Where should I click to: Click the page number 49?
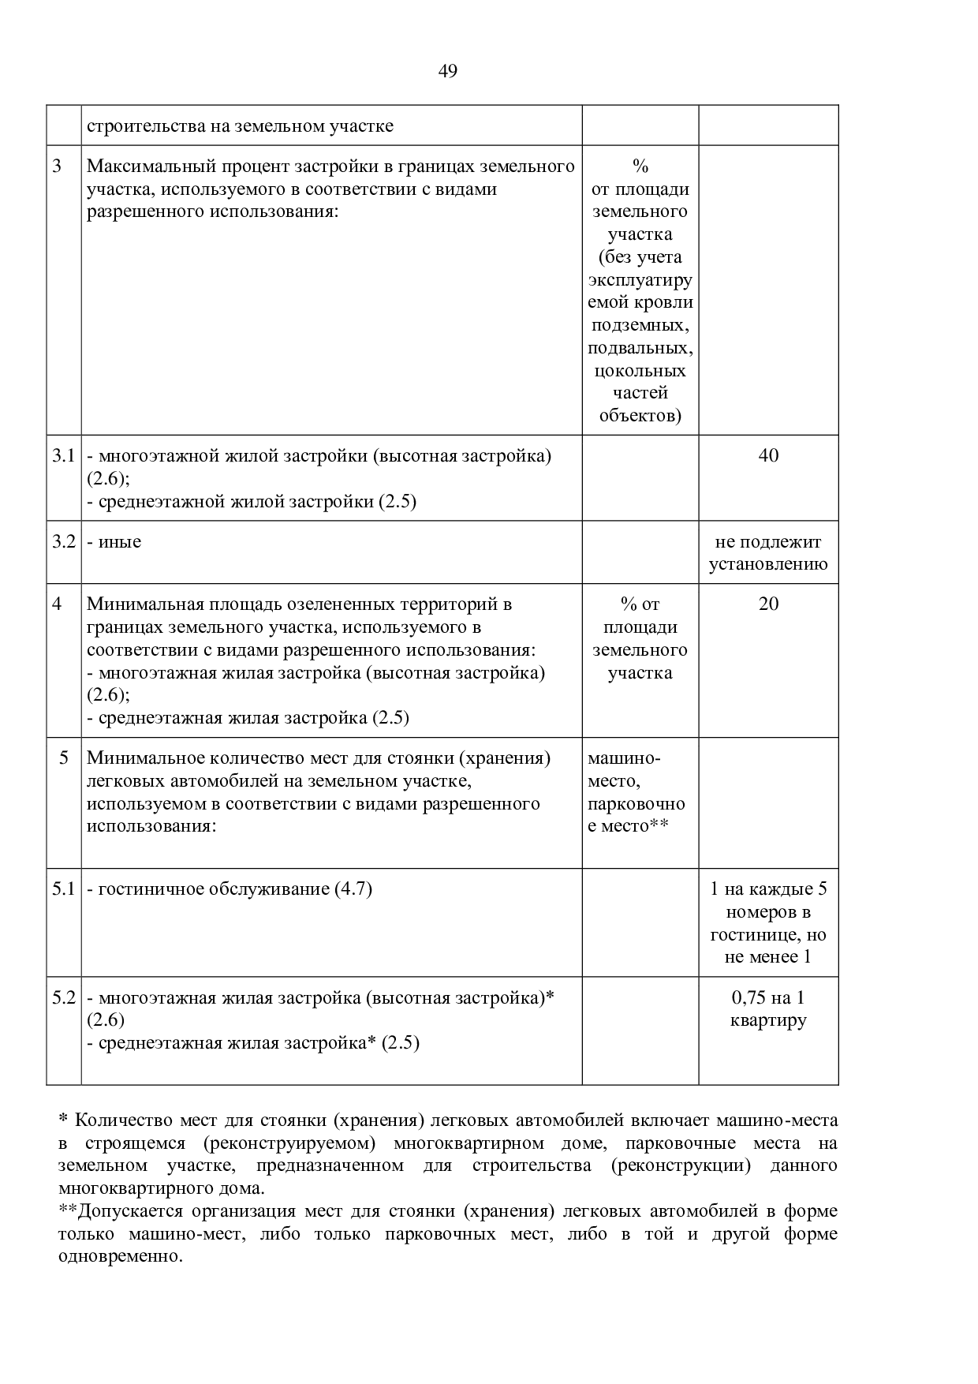[x=447, y=72]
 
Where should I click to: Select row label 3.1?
[x=63, y=456]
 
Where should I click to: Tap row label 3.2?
[x=63, y=541]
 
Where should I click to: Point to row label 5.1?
[x=63, y=889]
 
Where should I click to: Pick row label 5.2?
[x=63, y=997]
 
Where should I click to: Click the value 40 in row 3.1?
[x=768, y=456]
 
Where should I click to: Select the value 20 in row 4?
[x=768, y=604]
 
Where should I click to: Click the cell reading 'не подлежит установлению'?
[x=768, y=552]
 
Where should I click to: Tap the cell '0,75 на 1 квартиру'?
[x=768, y=1008]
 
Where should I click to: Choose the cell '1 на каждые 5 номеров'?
[x=768, y=922]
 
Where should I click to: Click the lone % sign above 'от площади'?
[x=640, y=166]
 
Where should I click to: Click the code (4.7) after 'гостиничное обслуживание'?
[x=353, y=889]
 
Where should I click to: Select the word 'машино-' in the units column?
[x=624, y=758]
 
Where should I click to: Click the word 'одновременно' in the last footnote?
[x=119, y=1256]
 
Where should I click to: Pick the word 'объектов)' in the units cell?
[x=640, y=416]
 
